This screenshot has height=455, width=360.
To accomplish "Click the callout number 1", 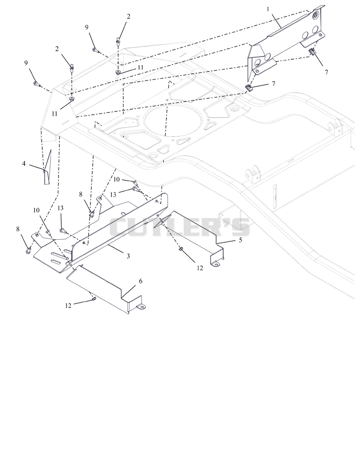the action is [x=268, y=9].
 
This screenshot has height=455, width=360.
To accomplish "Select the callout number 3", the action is [x=128, y=256].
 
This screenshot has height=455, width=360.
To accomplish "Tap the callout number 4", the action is [x=24, y=164].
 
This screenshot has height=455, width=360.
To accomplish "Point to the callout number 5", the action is [x=240, y=240].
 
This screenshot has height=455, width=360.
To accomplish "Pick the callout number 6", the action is [x=141, y=281].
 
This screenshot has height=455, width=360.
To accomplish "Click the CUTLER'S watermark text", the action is [x=180, y=227].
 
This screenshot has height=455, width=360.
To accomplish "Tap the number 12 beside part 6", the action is [x=68, y=306].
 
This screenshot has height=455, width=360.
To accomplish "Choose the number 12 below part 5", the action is [x=200, y=268].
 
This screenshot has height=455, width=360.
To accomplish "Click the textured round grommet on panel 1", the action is [x=315, y=15].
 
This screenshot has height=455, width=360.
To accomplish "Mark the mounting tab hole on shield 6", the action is [x=141, y=307].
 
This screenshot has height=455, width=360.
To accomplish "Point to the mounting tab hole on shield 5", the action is [x=215, y=264].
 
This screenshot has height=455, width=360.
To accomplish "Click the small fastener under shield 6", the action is [x=94, y=299].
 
